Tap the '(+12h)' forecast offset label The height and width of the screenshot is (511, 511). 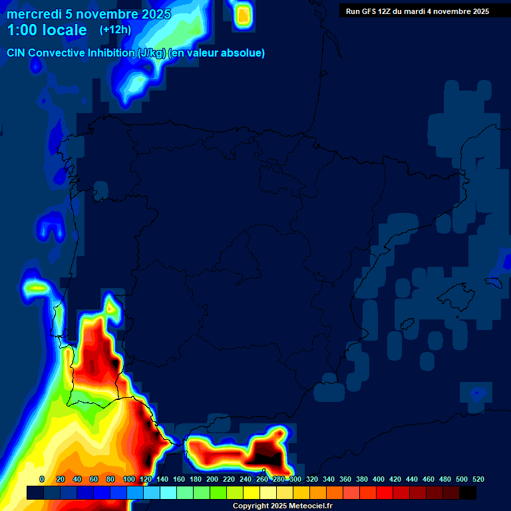coord(115,30)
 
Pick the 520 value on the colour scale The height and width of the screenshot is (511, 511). coord(478,479)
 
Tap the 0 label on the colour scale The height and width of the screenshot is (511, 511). coord(42,479)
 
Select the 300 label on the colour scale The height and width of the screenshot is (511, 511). coord(295,479)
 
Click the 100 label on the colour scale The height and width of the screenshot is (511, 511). coord(128,479)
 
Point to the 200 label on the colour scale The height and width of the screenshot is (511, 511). coord(212,479)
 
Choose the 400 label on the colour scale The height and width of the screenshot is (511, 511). coord(378,479)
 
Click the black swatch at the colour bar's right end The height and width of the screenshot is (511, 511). coord(468,493)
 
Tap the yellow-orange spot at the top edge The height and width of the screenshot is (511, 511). coord(244,14)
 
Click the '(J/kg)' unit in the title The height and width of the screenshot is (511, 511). coord(152,53)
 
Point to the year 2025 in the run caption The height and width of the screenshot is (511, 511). coord(480,11)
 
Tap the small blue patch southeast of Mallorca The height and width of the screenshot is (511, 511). coord(477,393)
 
